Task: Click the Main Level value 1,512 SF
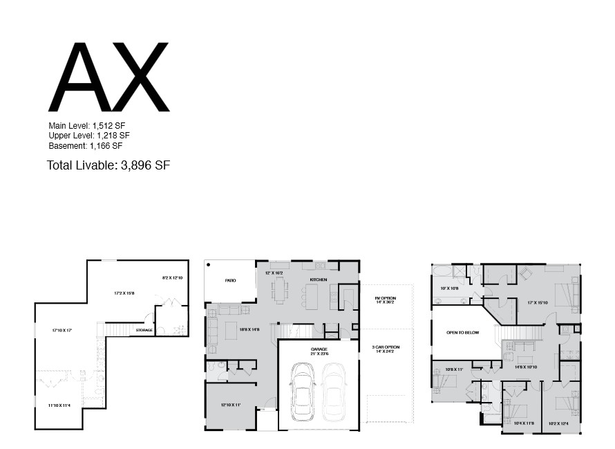click(108, 126)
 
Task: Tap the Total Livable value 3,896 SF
click(145, 165)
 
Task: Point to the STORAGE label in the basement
click(144, 330)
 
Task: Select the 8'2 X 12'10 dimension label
click(172, 277)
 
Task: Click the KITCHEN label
click(318, 280)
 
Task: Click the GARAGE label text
click(319, 349)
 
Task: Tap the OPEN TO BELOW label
click(462, 333)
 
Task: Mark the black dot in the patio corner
click(208, 264)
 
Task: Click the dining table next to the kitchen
click(279, 291)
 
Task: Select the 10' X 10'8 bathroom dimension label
click(449, 288)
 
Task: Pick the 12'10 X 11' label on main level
click(230, 405)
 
